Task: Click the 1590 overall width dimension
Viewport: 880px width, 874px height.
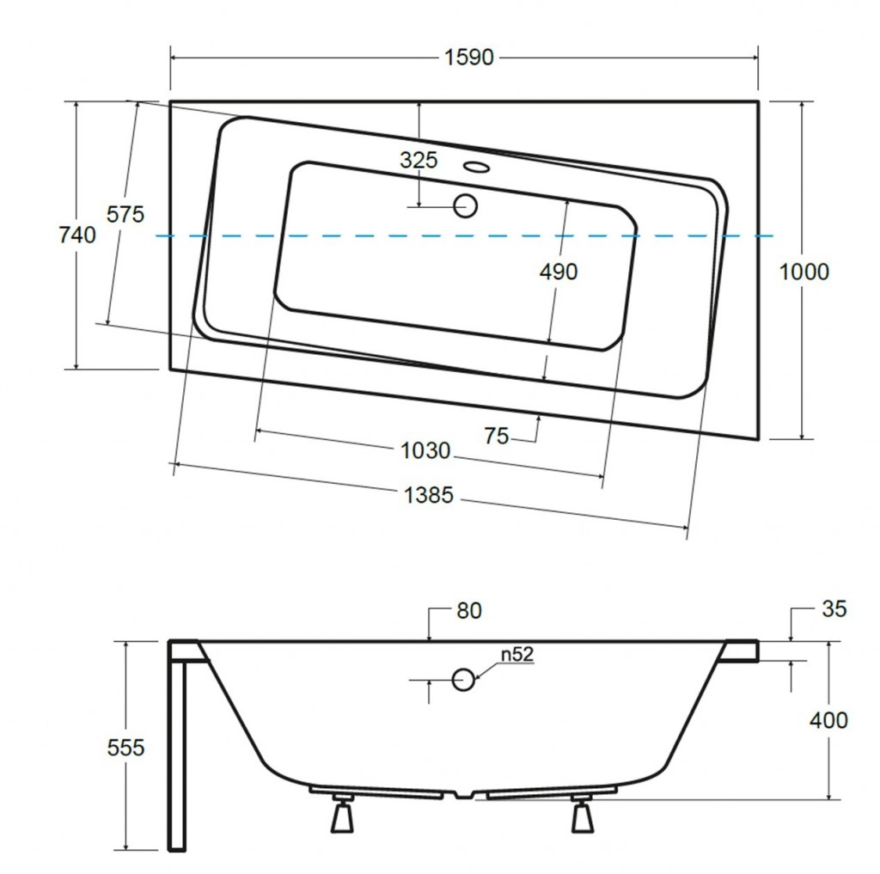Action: coord(468,58)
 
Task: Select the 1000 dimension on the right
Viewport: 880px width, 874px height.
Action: coord(804,272)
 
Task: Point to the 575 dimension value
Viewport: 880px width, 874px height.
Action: coord(125,215)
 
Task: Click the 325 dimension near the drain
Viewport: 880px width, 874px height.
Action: coord(419,160)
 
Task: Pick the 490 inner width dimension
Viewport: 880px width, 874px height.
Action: coord(559,272)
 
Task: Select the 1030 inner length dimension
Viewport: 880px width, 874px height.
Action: coord(425,450)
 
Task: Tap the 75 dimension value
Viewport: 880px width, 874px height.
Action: coord(497,437)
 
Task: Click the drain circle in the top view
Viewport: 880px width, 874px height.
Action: coord(465,205)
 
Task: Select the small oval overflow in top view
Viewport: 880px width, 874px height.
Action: coord(474,167)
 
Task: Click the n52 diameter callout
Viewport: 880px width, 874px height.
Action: coord(518,655)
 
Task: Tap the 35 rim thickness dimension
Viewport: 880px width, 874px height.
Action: coord(834,609)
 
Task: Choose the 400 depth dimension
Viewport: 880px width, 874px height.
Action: coord(828,720)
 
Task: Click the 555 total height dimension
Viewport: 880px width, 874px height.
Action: coord(126,748)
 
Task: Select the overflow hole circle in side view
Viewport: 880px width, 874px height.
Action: coord(463,680)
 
